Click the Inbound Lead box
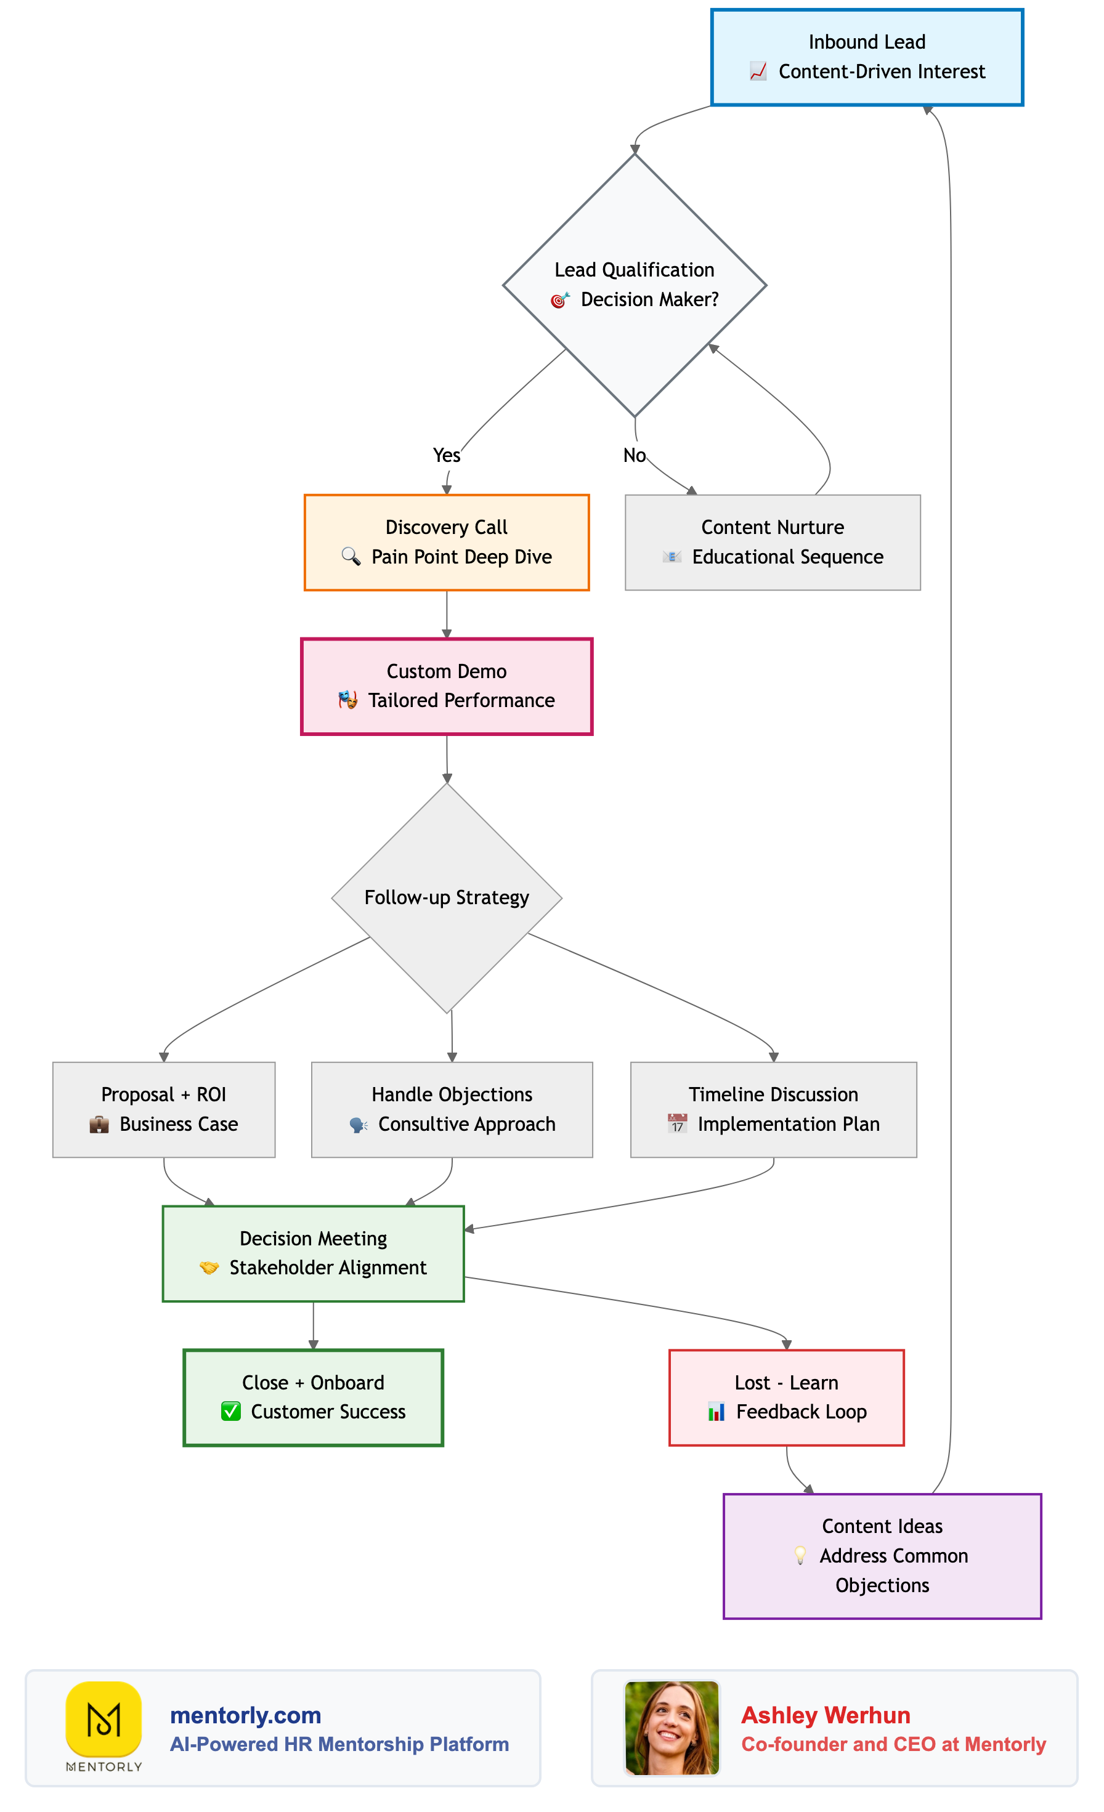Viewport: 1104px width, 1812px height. pyautogui.click(x=866, y=57)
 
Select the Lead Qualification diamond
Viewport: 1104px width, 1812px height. pyautogui.click(x=634, y=285)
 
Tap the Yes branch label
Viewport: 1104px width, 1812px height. pyautogui.click(x=447, y=455)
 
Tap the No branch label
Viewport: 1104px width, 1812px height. pyautogui.click(x=634, y=455)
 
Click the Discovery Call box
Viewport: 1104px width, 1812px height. pyautogui.click(x=447, y=542)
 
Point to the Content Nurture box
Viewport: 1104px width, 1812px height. pyautogui.click(x=773, y=542)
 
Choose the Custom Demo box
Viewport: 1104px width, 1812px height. pyautogui.click(x=447, y=686)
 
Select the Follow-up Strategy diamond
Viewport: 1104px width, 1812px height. pyautogui.click(x=447, y=897)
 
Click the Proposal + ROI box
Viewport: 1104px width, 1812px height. pyautogui.click(x=163, y=1109)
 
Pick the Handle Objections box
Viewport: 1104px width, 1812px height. pyautogui.click(x=452, y=1109)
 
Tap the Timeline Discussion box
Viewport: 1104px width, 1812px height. pyautogui.click(x=773, y=1109)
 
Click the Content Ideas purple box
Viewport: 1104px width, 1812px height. pyautogui.click(x=882, y=1555)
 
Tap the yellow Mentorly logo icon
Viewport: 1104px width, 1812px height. pyautogui.click(x=103, y=1718)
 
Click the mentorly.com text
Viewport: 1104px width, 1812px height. pyautogui.click(x=246, y=1715)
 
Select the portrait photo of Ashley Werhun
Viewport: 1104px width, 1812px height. pyautogui.click(x=672, y=1728)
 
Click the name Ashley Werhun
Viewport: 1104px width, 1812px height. pyautogui.click(x=826, y=1715)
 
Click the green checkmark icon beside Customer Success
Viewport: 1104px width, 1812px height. pyautogui.click(x=231, y=1411)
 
